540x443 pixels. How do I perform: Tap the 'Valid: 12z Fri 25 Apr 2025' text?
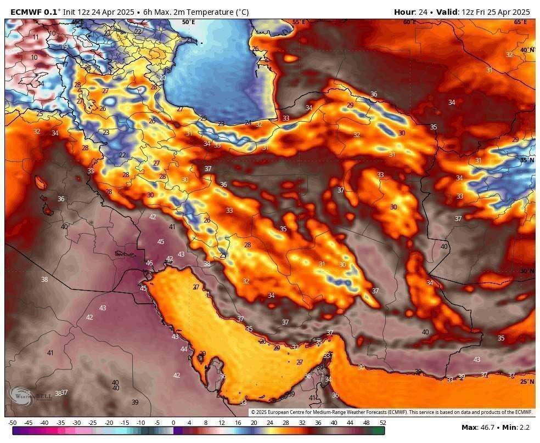pos(483,12)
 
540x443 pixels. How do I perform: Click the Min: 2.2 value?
pos(517,427)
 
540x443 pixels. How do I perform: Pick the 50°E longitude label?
pos(188,22)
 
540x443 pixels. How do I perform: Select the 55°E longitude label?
pos(298,22)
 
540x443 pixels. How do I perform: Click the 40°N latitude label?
pos(526,50)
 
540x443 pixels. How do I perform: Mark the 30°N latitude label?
pos(526,271)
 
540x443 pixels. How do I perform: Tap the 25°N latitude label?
pos(526,382)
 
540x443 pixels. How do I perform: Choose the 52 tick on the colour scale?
pos(382,423)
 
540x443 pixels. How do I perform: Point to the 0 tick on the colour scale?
pos(173,423)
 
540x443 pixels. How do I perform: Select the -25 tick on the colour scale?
pos(93,423)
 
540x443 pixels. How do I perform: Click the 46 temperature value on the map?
pos(149,263)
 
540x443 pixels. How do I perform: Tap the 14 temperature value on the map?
pos(41,84)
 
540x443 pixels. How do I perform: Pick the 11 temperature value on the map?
pos(36,37)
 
